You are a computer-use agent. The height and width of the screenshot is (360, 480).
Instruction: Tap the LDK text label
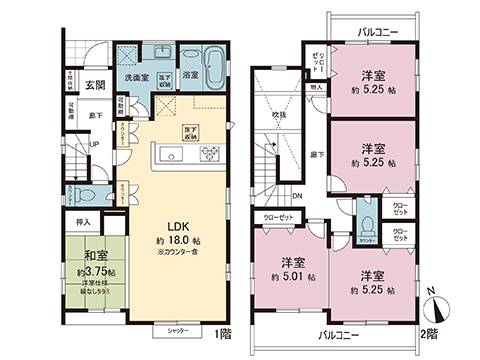(x=178, y=225)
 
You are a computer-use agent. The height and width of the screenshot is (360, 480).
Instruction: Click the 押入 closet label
(x=84, y=223)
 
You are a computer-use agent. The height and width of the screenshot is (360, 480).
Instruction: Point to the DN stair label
(x=297, y=197)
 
